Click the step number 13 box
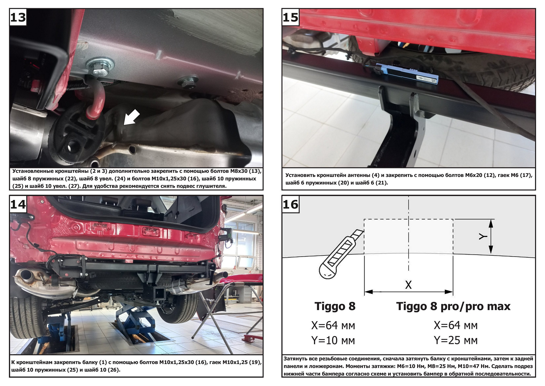(x=18, y=17)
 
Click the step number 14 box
(x=18, y=204)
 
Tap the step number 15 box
(x=290, y=17)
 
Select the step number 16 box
(x=290, y=204)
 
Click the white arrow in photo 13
(x=131, y=117)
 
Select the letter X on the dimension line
(x=408, y=285)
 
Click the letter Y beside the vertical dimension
(x=483, y=236)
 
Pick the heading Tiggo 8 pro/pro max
(x=453, y=306)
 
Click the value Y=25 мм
(x=456, y=340)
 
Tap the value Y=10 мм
(x=333, y=340)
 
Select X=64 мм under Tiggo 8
(x=333, y=325)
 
